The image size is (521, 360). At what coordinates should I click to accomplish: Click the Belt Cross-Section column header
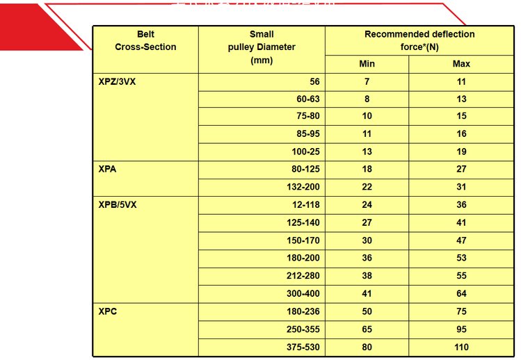145,40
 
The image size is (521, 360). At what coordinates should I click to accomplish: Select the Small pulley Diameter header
262,47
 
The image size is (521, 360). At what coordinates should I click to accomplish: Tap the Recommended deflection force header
419,40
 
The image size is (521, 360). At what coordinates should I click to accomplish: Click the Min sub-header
367,64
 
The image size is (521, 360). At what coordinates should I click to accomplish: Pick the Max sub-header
461,64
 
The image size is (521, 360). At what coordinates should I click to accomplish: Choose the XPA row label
108,169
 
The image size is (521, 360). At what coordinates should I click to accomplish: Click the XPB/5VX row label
118,205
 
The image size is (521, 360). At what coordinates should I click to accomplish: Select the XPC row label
108,311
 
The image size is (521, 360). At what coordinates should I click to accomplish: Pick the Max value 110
461,347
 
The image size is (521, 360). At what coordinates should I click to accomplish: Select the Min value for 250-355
367,329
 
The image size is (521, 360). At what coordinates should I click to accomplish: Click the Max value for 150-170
461,240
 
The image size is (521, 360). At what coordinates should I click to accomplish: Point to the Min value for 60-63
367,99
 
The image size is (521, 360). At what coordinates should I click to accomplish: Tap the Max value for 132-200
461,187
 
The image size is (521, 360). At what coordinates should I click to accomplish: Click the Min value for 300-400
367,294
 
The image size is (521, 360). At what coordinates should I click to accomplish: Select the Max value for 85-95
461,134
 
